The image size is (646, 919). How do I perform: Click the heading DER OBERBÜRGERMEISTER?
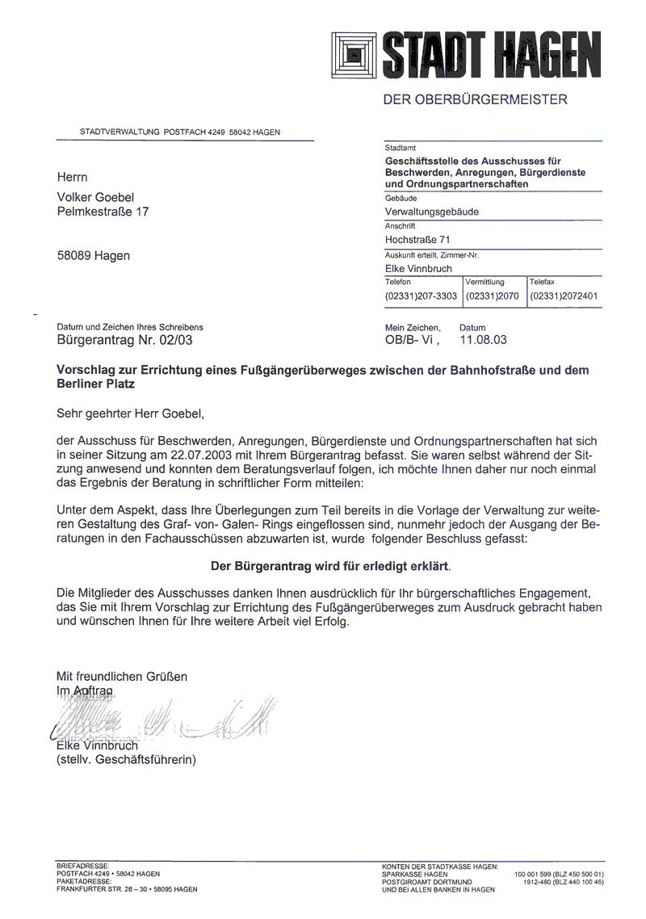tap(475, 100)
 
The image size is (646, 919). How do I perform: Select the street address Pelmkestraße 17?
tap(103, 212)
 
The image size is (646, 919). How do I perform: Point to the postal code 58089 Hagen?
tap(93, 256)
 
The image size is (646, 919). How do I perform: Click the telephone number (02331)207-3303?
tap(422, 296)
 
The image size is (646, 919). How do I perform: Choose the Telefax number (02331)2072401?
tap(564, 296)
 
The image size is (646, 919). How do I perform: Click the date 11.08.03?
tap(483, 341)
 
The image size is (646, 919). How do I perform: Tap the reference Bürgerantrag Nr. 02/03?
tap(125, 341)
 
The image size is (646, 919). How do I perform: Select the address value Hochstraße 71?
tap(417, 240)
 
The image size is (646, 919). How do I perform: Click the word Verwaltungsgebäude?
tap(432, 212)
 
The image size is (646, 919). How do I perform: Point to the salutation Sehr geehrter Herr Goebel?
tap(132, 414)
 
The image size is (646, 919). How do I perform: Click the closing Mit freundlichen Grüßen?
tap(121, 676)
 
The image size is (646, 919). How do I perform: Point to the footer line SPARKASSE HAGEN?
tap(414, 875)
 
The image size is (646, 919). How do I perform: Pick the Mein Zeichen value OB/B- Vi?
tap(413, 341)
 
